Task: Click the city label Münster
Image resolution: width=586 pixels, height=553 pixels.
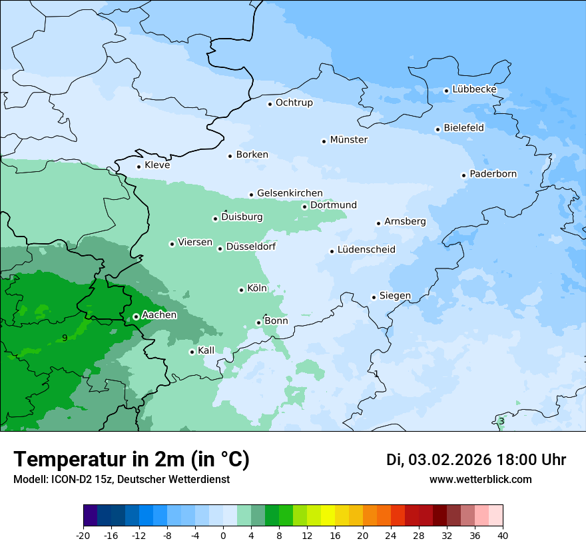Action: [349, 140]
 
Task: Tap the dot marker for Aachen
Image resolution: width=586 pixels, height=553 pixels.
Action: [136, 316]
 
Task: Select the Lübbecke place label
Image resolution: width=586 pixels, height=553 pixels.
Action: [474, 89]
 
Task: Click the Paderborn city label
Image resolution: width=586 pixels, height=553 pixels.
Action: [493, 174]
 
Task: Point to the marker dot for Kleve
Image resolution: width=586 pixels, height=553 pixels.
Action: [139, 167]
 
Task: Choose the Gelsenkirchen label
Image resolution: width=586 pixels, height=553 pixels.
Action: [290, 193]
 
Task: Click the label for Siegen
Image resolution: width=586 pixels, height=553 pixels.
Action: [395, 295]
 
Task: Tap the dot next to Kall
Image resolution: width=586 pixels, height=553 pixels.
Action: [192, 352]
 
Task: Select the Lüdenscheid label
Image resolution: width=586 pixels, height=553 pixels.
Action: [366, 250]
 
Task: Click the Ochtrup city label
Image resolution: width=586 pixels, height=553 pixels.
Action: [294, 103]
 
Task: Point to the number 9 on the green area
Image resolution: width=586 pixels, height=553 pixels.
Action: [65, 338]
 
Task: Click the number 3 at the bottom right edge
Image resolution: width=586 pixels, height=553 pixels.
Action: [501, 421]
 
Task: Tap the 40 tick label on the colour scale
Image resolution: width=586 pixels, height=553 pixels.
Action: [503, 535]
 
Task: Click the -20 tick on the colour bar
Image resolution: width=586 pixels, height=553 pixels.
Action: [83, 535]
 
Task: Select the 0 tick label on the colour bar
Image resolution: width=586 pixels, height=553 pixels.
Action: [223, 535]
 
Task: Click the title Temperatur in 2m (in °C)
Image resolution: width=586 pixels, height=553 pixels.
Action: [131, 459]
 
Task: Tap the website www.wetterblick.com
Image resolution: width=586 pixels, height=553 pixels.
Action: [480, 479]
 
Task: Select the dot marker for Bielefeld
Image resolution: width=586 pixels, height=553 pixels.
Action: [438, 129]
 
